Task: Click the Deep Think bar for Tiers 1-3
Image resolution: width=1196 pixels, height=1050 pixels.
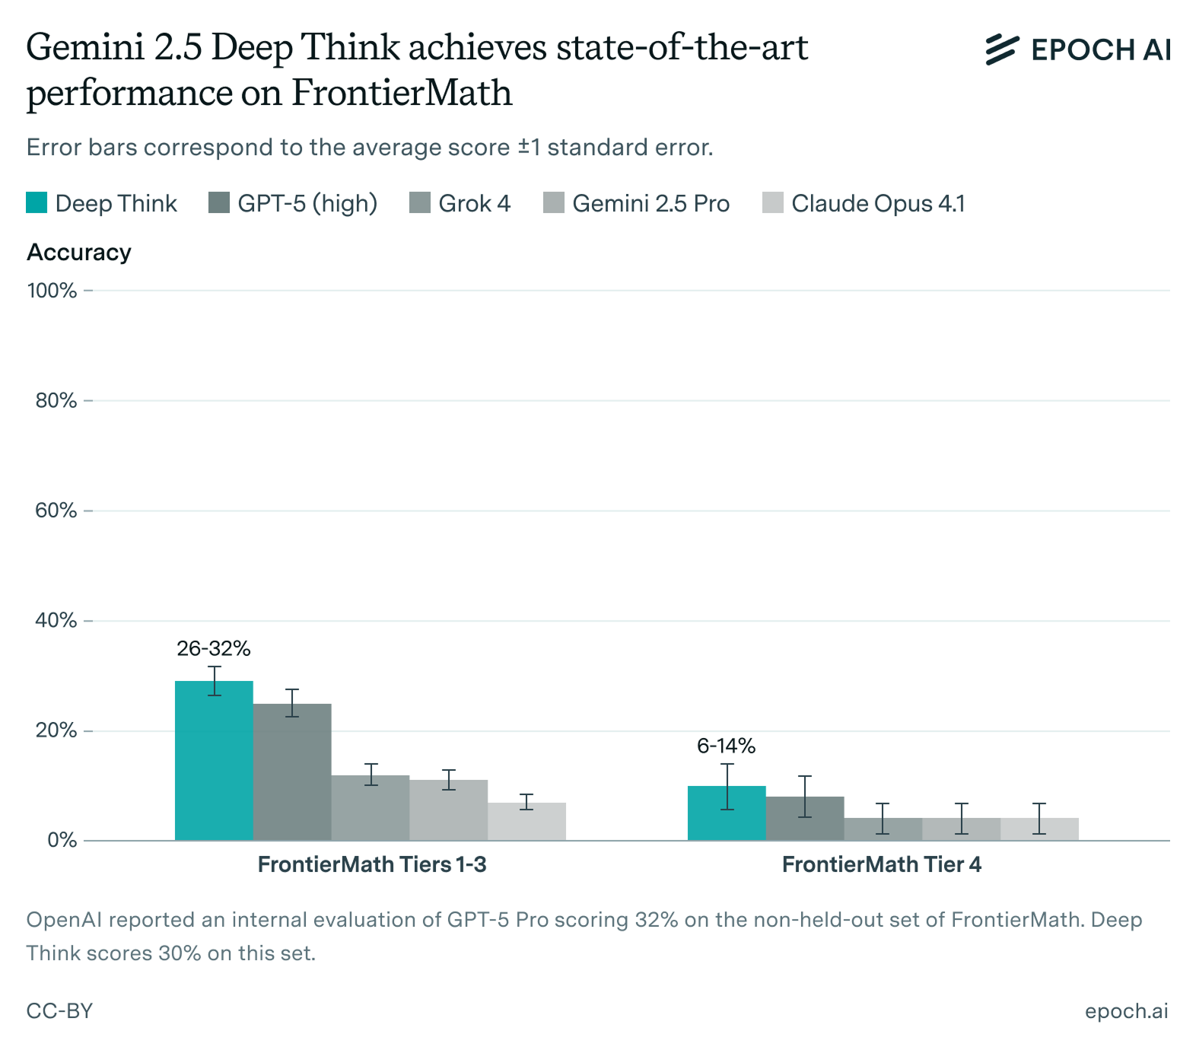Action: tap(214, 761)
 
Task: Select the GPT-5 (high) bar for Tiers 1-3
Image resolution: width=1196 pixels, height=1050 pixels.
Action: tap(292, 772)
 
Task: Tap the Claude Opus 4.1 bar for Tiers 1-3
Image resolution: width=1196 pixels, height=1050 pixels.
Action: tap(526, 822)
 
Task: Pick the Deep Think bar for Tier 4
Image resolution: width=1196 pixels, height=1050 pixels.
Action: tap(727, 813)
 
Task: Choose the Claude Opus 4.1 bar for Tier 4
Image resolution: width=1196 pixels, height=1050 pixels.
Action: tap(1039, 829)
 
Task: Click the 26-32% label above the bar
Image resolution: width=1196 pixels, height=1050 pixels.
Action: tap(214, 649)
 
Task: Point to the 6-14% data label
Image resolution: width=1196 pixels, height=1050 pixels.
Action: tap(727, 746)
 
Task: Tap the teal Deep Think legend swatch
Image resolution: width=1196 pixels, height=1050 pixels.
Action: tap(37, 203)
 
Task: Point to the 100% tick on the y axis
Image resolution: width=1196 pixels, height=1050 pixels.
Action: tap(52, 291)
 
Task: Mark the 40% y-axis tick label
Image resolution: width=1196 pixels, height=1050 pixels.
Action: tap(56, 621)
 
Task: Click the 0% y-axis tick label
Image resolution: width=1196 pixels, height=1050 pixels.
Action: tap(62, 841)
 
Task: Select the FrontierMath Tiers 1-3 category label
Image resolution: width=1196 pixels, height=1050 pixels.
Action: tap(372, 865)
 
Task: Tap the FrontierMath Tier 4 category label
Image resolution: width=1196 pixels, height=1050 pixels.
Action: tap(882, 865)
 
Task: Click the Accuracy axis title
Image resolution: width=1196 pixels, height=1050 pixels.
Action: tap(79, 253)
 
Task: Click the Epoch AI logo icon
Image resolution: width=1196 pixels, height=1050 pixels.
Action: tap(1001, 49)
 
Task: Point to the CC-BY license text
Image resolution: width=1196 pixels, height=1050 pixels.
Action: tap(59, 1011)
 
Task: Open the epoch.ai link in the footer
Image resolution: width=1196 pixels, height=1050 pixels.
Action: tap(1126, 1011)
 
